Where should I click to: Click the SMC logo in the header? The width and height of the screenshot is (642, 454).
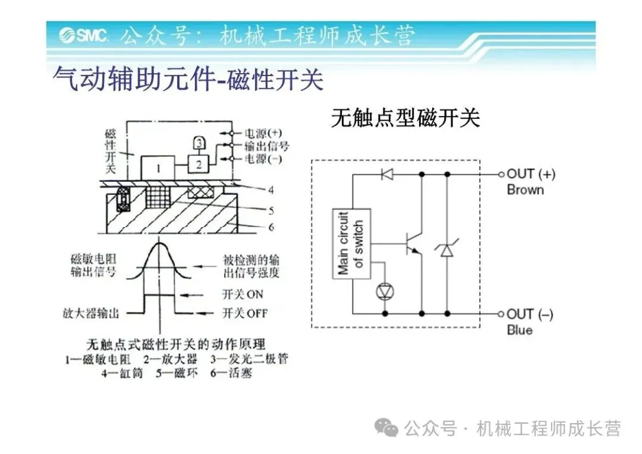pos(83,36)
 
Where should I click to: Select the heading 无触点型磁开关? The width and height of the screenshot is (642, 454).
pos(405,118)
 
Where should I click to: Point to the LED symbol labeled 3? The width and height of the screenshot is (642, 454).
pos(200,143)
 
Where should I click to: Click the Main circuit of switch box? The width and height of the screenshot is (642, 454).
pos(351,243)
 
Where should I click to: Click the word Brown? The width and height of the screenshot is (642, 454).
pos(525,190)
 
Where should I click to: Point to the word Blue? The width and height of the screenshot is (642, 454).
pos(520,330)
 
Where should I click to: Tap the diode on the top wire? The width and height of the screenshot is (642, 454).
pos(387,174)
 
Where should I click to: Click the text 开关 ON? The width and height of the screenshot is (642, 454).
pos(243,294)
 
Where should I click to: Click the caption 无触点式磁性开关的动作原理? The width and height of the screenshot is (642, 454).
pos(176,344)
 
